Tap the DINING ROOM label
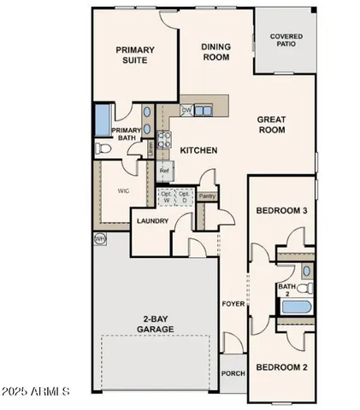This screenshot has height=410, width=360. (216, 52)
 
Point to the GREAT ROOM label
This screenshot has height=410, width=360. (271, 125)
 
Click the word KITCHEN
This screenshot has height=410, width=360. (198, 150)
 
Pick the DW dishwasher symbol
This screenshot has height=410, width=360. (186, 110)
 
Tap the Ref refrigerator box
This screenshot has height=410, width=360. (164, 171)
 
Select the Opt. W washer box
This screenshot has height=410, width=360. (167, 198)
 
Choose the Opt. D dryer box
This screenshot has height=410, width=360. (183, 198)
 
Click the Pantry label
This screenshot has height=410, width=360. (206, 196)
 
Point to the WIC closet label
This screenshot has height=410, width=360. (121, 191)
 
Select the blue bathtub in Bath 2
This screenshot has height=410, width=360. (298, 306)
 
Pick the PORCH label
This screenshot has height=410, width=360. (233, 372)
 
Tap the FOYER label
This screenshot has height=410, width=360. (233, 303)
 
